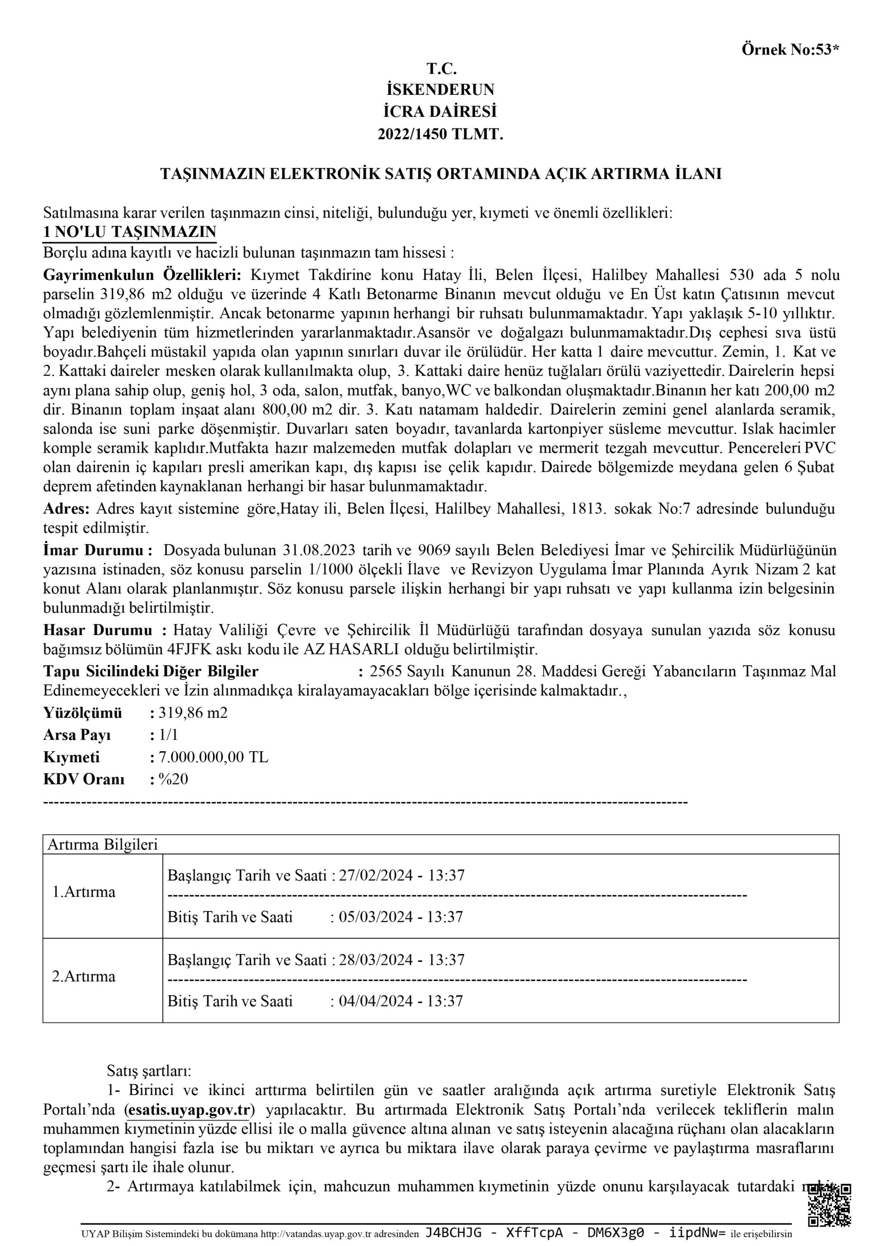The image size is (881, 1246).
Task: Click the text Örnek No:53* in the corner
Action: pyautogui.click(x=790, y=50)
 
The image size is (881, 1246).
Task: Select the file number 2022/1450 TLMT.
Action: pyautogui.click(x=440, y=134)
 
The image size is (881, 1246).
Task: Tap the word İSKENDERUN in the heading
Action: pyautogui.click(x=440, y=89)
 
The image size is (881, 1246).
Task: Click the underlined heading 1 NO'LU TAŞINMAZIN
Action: pyautogui.click(x=130, y=232)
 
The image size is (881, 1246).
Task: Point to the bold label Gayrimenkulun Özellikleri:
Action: pyautogui.click(x=142, y=275)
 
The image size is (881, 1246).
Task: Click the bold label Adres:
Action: pyautogui.click(x=66, y=509)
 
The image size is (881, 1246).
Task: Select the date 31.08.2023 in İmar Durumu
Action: pyautogui.click(x=319, y=550)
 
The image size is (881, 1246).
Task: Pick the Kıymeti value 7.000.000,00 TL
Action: pyautogui.click(x=213, y=757)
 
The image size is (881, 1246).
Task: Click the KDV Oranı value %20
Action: pyautogui.click(x=173, y=779)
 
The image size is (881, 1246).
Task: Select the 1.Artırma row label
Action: pyautogui.click(x=84, y=892)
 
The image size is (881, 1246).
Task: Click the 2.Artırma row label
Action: pyautogui.click(x=84, y=976)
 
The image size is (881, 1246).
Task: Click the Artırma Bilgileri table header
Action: pyautogui.click(x=103, y=844)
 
